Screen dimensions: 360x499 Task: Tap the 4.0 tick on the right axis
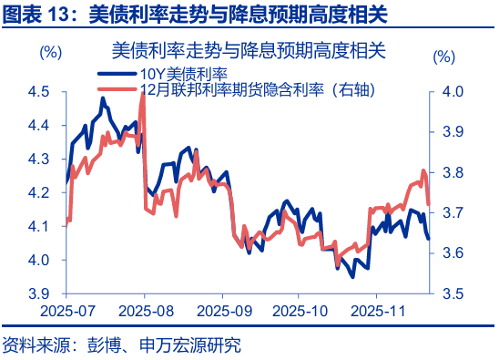click(x=453, y=91)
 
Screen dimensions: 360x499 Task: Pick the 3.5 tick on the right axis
click(x=453, y=294)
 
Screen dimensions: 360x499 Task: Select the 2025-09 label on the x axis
click(x=223, y=311)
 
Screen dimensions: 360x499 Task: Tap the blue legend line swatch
click(x=117, y=73)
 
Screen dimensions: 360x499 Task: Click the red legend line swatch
click(x=117, y=89)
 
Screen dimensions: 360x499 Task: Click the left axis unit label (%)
click(x=50, y=53)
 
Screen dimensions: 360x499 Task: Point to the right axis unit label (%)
click(x=443, y=56)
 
